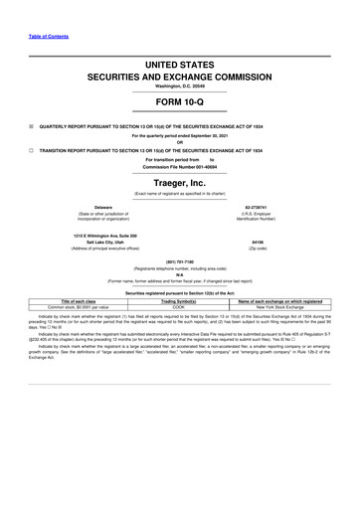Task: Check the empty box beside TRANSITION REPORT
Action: click(x=31, y=149)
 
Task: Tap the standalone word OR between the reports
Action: click(x=180, y=141)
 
